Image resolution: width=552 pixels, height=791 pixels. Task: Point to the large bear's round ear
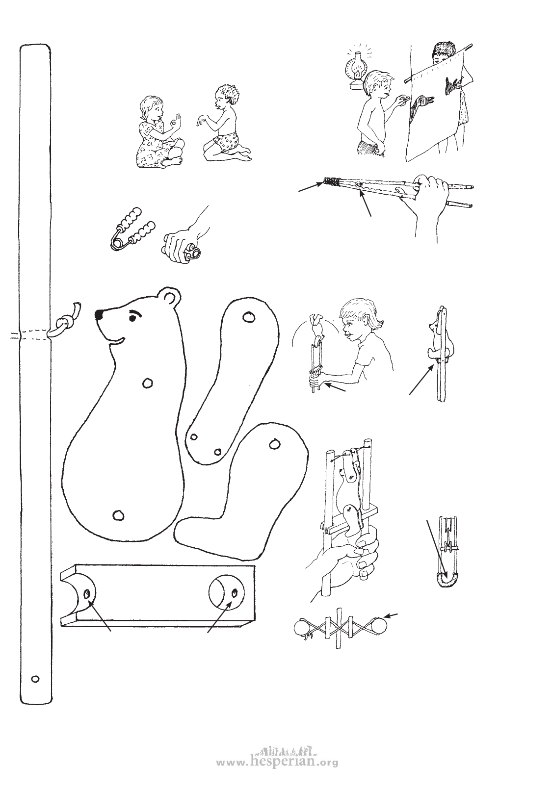[170, 297]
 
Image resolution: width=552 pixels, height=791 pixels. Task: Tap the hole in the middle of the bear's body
[147, 383]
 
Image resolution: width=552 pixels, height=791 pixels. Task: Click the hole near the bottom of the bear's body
[118, 515]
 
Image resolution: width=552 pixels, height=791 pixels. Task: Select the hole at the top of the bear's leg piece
[274, 443]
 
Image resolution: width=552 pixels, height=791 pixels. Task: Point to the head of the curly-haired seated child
[227, 97]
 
